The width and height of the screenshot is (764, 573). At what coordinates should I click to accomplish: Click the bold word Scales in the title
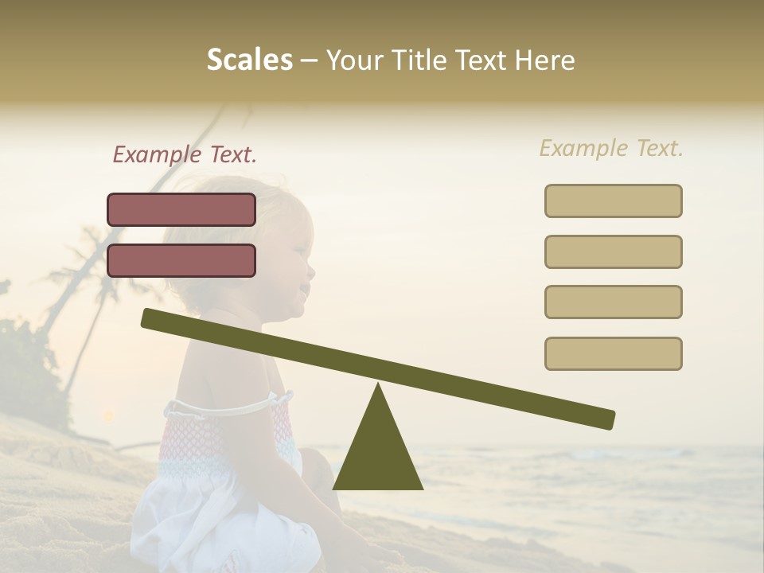[249, 60]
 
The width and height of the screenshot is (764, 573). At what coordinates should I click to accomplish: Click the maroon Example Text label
[185, 154]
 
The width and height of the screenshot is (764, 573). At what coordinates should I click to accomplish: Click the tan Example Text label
[611, 148]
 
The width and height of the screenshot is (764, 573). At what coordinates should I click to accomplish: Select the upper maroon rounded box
[181, 209]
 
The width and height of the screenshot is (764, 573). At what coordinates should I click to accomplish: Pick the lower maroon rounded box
[181, 260]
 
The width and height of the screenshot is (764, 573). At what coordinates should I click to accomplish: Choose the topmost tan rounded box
[613, 201]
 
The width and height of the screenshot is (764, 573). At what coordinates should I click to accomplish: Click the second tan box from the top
[613, 251]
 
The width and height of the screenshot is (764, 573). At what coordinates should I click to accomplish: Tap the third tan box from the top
[613, 302]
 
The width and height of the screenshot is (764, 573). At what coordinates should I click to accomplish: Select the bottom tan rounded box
[613, 353]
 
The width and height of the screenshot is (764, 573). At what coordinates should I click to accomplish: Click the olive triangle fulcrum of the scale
[378, 454]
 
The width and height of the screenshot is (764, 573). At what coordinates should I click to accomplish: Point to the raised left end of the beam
[148, 318]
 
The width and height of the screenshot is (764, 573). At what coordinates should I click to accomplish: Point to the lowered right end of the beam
[608, 419]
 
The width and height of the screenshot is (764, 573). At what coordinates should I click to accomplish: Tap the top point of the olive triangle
[378, 385]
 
